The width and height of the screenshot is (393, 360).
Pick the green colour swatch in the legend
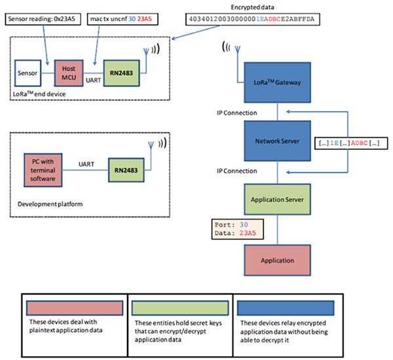179,307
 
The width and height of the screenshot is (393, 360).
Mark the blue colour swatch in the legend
285,307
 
